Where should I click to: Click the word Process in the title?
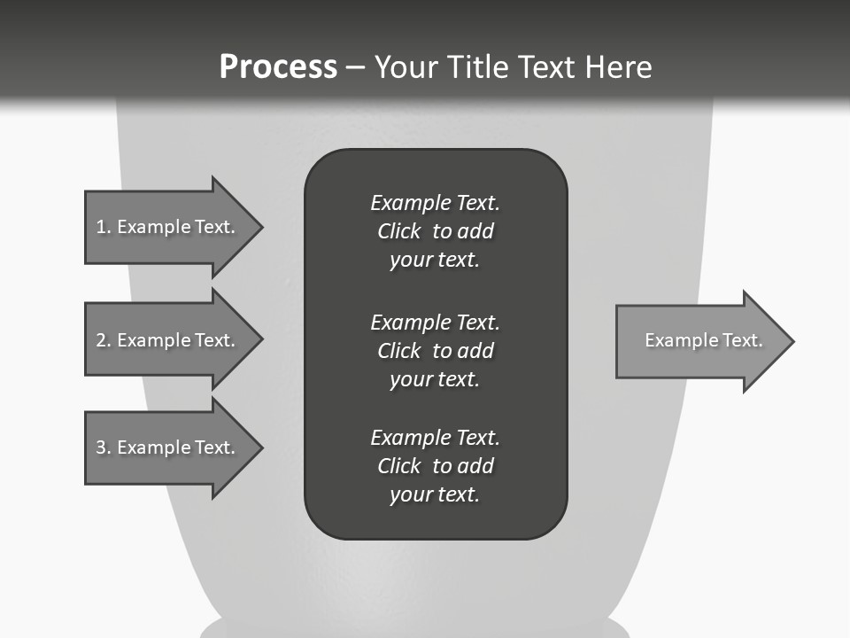pos(278,67)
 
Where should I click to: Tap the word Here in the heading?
pos(616,67)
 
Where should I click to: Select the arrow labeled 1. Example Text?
pos(168,227)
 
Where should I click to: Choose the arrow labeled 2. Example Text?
pos(168,340)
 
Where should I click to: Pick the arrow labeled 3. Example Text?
pos(168,447)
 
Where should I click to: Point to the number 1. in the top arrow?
pos(104,227)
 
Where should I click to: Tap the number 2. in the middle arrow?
pos(104,340)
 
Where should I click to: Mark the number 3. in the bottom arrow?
pos(104,447)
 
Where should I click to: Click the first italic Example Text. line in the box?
pos(435,203)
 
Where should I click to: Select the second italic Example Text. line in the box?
pos(435,322)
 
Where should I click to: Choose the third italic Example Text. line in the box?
pos(435,438)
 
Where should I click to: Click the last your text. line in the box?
pos(435,494)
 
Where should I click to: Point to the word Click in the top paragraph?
pos(399,231)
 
